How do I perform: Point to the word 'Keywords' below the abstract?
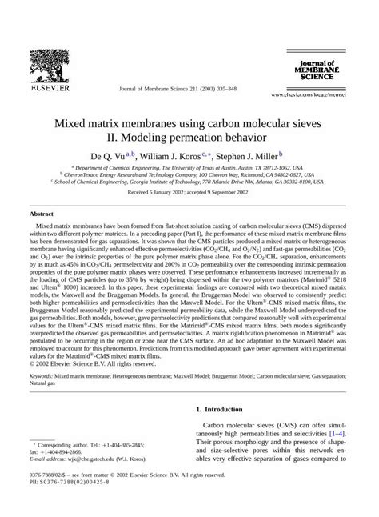pos(45,375)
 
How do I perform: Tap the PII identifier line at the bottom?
pos(70,486)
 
